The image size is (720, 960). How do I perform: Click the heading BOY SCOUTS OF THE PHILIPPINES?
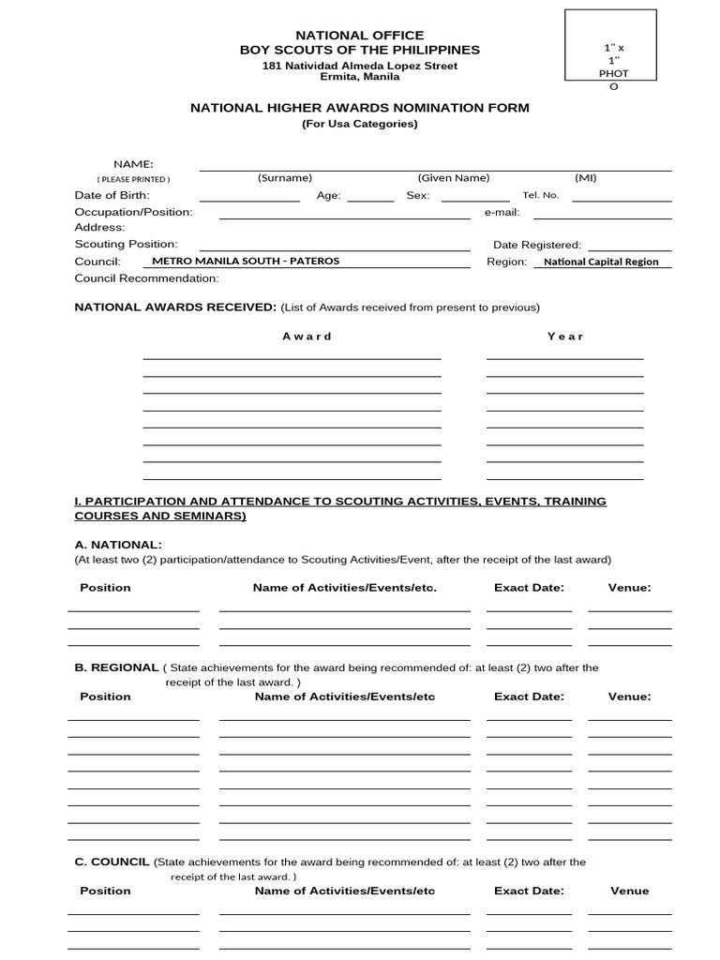[360, 50]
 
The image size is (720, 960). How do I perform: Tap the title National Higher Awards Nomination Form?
[360, 108]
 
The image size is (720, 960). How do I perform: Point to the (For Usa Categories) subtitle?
[360, 124]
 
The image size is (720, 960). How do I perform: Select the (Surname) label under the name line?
[285, 178]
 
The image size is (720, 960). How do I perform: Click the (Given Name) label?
[454, 178]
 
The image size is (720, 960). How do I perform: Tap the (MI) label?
[585, 178]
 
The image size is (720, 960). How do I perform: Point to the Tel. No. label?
[540, 195]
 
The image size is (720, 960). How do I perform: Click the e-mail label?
[502, 212]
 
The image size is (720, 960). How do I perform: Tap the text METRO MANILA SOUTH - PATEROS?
[246, 261]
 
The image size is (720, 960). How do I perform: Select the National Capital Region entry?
[601, 262]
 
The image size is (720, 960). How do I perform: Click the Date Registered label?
[537, 245]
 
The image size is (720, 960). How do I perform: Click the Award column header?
[307, 336]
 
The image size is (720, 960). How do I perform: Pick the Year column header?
[565, 336]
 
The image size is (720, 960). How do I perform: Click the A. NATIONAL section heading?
[118, 545]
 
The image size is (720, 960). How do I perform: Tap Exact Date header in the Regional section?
[529, 697]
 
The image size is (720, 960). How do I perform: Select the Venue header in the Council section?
[629, 891]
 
